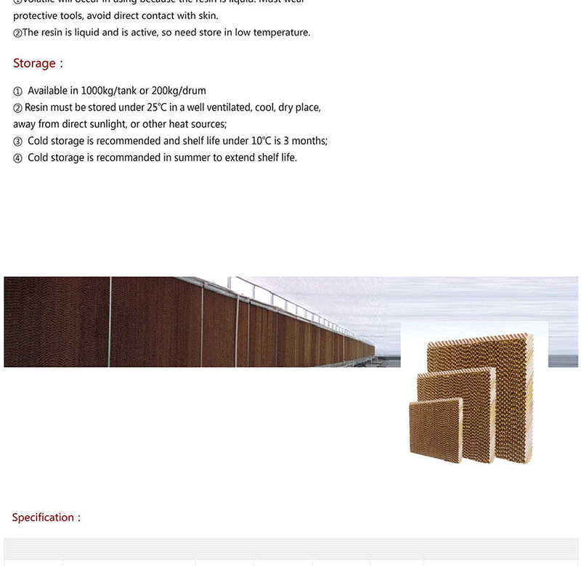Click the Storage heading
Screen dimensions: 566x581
34,63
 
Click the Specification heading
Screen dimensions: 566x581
43,517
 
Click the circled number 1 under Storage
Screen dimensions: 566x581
17,91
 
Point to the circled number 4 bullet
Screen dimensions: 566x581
17,158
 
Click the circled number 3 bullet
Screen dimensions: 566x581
17,141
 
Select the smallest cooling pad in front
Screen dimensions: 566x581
435,431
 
